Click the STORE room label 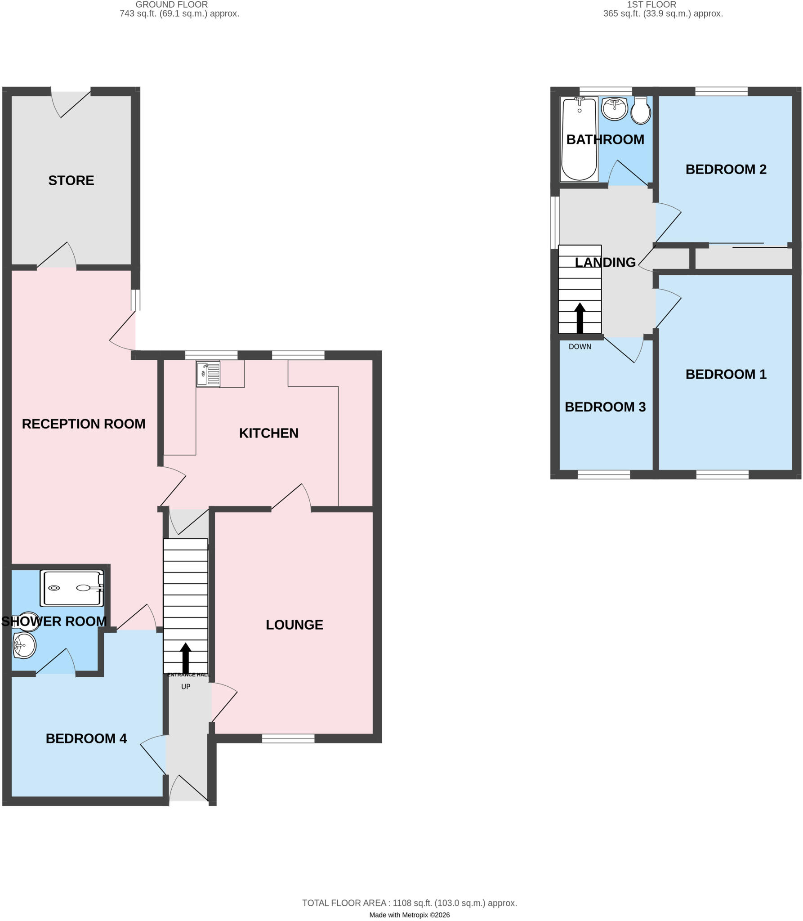(71, 180)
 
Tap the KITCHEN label (269, 433)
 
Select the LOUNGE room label (294, 625)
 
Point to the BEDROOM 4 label (86, 738)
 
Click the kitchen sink (208, 374)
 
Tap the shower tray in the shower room (72, 588)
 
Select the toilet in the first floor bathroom (641, 111)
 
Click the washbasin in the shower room (24, 645)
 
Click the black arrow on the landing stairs (580, 318)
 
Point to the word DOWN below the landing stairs (580, 347)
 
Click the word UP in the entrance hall (186, 687)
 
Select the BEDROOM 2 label (726, 170)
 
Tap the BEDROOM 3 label (605, 407)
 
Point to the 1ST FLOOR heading (651, 4)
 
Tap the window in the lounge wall (288, 738)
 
